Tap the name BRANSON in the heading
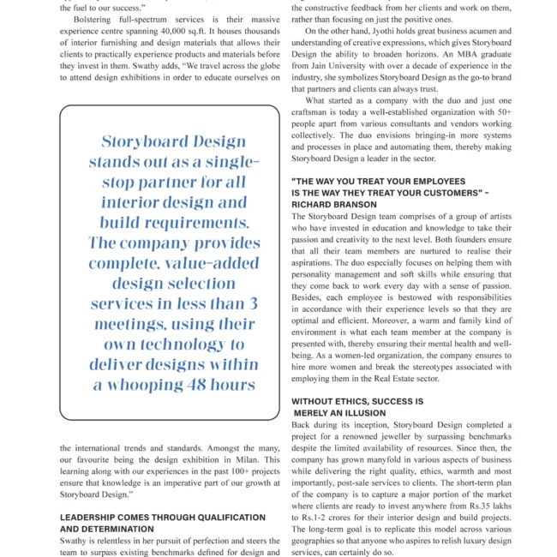(357, 205)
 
